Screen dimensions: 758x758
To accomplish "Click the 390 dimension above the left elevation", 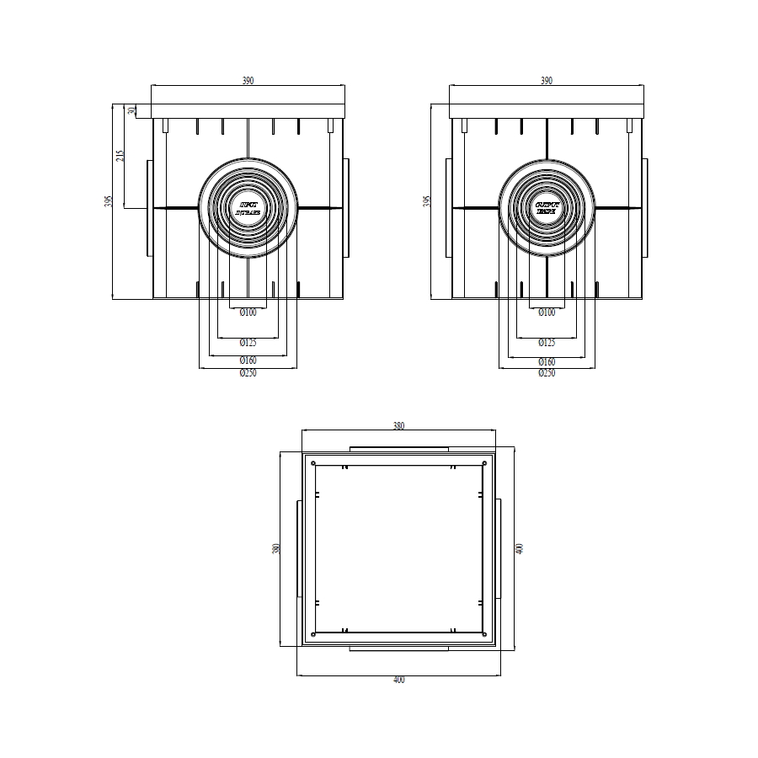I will point(248,81).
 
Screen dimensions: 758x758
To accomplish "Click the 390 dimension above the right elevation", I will point(547,81).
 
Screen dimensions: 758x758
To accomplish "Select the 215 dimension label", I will point(120,155).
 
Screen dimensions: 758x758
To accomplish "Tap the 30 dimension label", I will point(131,110).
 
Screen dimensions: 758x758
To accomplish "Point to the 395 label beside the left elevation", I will point(109,201).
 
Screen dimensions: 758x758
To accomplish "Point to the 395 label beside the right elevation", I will point(427,201).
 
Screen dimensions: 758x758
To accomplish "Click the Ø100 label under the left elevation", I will point(248,312).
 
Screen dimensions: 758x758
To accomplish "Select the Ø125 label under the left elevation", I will point(248,343).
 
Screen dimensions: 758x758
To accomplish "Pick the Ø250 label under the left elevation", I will point(248,373).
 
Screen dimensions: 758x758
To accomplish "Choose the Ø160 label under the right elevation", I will point(547,360).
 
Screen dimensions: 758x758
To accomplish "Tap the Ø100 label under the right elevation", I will point(547,312).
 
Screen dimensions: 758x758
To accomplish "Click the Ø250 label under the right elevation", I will point(547,373).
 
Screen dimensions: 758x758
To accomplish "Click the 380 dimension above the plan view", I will point(398,426).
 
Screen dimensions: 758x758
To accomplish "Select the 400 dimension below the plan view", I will point(398,680).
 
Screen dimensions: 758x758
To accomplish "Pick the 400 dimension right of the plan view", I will point(520,548).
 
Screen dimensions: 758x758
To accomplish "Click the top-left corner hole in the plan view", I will point(313,463).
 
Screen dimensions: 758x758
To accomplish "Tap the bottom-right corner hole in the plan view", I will point(484,633).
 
